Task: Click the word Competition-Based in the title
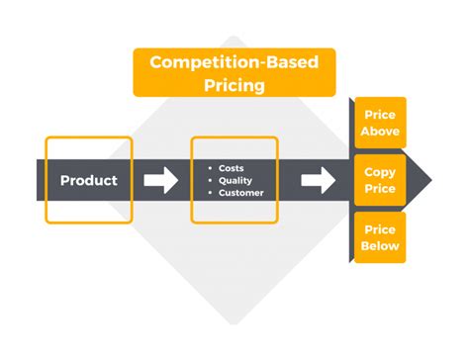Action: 234,62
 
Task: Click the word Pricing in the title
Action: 234,85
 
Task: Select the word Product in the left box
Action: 88,180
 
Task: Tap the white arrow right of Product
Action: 160,180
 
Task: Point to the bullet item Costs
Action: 232,167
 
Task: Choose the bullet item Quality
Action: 234,180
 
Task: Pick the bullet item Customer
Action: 240,193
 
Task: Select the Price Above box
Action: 379,123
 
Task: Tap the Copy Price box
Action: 379,180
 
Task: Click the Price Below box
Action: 379,237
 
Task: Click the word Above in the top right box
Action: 380,131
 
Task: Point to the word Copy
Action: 380,172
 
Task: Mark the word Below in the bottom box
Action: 380,245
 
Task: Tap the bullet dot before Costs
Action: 210,167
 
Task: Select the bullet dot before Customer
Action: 210,193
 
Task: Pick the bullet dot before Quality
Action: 210,180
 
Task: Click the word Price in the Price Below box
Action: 380,229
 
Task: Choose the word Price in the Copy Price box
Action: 380,188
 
